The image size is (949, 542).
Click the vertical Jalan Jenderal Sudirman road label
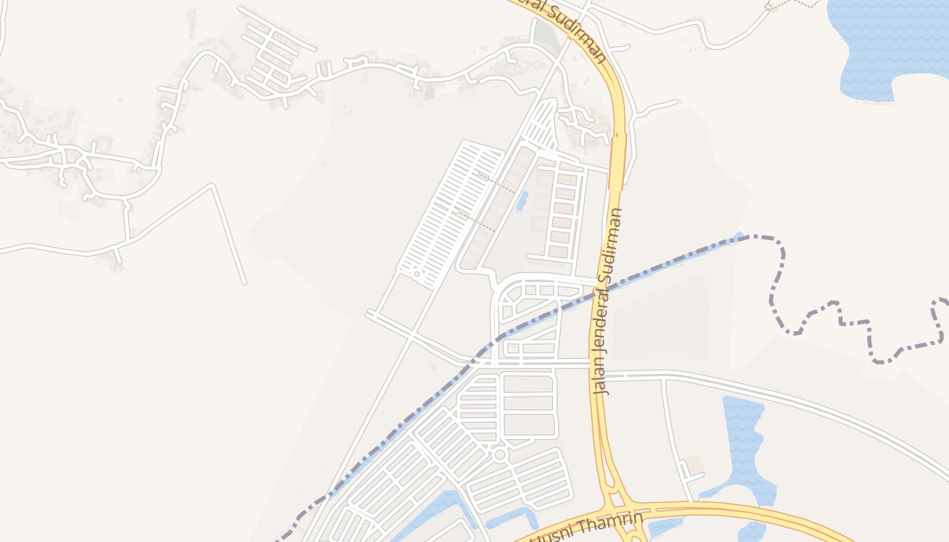[x=608, y=301]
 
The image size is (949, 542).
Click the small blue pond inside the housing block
[x=522, y=200]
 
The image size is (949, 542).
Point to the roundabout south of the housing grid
[x=500, y=455]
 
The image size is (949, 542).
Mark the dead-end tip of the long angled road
[x=244, y=282]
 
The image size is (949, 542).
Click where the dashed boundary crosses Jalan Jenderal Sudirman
[x=601, y=291]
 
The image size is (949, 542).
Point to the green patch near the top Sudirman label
[x=542, y=34]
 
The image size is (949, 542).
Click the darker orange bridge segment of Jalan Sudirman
[x=618, y=163]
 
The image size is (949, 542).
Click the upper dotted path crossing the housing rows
[x=495, y=182]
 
